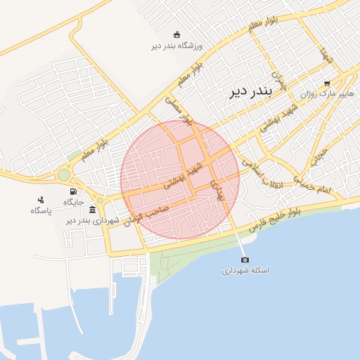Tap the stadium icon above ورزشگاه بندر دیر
tap(176, 35)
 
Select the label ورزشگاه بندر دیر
tap(176, 46)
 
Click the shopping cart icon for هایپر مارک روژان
tap(327, 82)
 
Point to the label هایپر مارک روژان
tap(324, 94)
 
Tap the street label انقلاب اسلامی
tap(261, 172)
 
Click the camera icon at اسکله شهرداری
tap(245, 260)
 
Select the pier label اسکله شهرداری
tap(246, 271)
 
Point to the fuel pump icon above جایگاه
tap(73, 191)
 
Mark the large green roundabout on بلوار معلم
tap(64, 174)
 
